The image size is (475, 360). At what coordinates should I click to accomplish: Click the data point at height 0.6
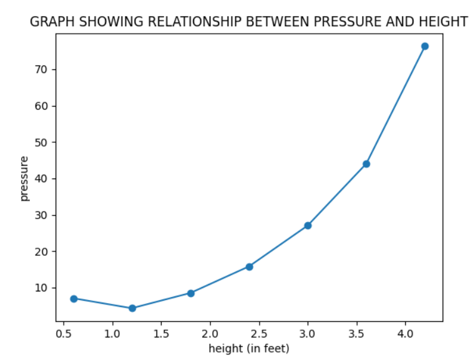(x=74, y=299)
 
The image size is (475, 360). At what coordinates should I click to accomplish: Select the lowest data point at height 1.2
(x=132, y=308)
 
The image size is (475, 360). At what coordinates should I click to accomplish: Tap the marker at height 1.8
(x=191, y=293)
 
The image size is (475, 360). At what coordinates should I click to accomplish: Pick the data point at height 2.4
(x=249, y=266)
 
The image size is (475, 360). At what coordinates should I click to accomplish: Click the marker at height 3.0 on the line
(x=308, y=225)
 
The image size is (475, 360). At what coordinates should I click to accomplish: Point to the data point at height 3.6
(x=366, y=164)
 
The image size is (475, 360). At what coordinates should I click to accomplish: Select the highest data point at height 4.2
(x=425, y=46)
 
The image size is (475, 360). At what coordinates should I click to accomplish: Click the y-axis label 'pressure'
(x=24, y=178)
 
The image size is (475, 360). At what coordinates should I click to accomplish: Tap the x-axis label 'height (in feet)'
(x=249, y=348)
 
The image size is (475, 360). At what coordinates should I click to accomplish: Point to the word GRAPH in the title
(x=49, y=22)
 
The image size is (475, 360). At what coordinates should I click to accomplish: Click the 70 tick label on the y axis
(x=42, y=69)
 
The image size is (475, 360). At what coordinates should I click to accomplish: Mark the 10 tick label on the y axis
(x=42, y=288)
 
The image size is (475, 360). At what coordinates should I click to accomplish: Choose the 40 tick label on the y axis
(x=42, y=178)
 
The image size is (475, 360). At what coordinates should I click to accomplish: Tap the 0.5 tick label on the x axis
(x=64, y=333)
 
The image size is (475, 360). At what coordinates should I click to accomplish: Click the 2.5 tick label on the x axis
(x=259, y=333)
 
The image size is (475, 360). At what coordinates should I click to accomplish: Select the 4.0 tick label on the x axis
(x=406, y=333)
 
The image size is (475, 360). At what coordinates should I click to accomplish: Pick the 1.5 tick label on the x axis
(x=161, y=333)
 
